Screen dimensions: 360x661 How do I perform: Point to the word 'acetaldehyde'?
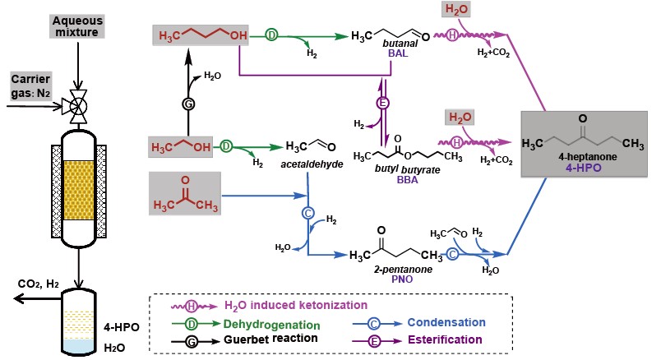pos(306,164)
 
